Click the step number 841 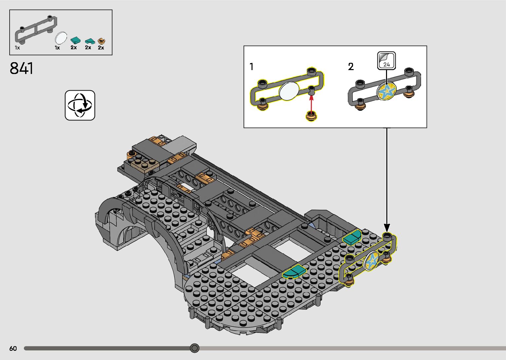click(x=21, y=68)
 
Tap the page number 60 click(x=13, y=348)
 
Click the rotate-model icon click(x=80, y=105)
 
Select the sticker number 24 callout click(x=386, y=60)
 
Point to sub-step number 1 click(x=252, y=67)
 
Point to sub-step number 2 click(x=351, y=67)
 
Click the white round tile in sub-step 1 click(x=289, y=91)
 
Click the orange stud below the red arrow click(x=311, y=116)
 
